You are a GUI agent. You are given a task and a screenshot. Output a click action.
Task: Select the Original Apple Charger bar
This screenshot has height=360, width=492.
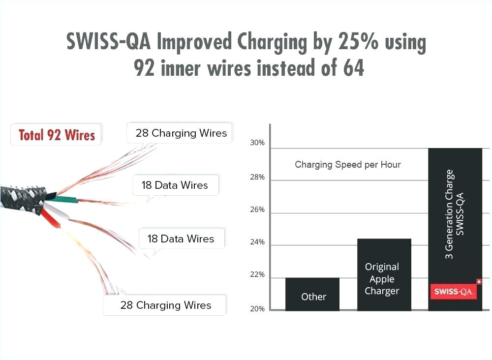click(384, 275)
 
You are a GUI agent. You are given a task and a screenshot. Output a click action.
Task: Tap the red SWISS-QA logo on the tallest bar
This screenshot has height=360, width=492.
click(454, 292)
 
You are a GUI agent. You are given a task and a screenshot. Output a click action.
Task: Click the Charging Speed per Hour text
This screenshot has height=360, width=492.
click(347, 164)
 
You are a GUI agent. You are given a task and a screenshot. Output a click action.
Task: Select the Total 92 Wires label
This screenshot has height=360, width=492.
click(57, 135)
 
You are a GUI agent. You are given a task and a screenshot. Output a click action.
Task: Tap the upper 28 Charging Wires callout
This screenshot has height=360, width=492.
click(181, 133)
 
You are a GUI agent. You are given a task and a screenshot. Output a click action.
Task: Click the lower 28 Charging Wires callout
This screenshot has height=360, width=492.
click(165, 305)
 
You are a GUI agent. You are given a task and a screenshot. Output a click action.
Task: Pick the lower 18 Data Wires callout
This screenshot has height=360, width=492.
click(181, 239)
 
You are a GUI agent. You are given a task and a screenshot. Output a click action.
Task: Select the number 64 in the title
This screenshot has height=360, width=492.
click(351, 68)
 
